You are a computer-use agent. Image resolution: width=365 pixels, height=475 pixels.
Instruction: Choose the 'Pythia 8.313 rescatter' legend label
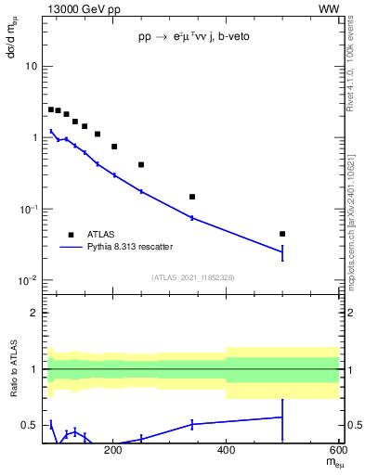click(133, 247)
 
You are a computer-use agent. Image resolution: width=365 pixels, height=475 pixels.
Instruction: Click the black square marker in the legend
click(70, 235)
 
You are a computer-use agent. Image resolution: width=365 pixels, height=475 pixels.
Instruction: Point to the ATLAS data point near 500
click(282, 234)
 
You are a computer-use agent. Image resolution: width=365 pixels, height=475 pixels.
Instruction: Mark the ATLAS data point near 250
click(141, 164)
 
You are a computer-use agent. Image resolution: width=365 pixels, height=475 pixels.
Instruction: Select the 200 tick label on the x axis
click(113, 451)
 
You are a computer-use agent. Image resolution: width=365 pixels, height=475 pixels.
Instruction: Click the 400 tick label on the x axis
click(226, 451)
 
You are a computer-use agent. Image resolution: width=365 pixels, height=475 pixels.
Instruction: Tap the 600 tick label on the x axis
click(338, 451)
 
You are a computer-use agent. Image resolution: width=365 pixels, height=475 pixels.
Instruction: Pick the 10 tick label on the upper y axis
click(31, 67)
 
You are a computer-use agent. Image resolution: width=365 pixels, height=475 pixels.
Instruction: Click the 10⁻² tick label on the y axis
click(27, 280)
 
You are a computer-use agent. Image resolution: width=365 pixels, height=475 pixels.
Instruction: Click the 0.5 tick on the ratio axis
click(30, 425)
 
